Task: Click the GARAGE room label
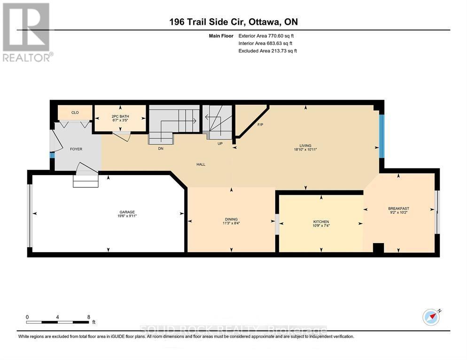[127, 212]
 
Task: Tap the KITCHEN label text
[321, 222]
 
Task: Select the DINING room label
[232, 219]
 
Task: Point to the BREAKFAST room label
[398, 208]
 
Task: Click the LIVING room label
[305, 146]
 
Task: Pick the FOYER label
[76, 149]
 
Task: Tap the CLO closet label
[75, 113]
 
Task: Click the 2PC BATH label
[120, 116]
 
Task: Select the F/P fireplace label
[260, 125]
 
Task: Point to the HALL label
[201, 164]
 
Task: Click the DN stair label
[161, 148]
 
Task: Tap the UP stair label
[220, 144]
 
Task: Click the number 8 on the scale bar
[89, 317]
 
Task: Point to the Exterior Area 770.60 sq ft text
[266, 36]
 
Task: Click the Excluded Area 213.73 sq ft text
[267, 51]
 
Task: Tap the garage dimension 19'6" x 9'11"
[127, 216]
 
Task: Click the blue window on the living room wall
[381, 136]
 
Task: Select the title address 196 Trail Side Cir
[207, 22]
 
